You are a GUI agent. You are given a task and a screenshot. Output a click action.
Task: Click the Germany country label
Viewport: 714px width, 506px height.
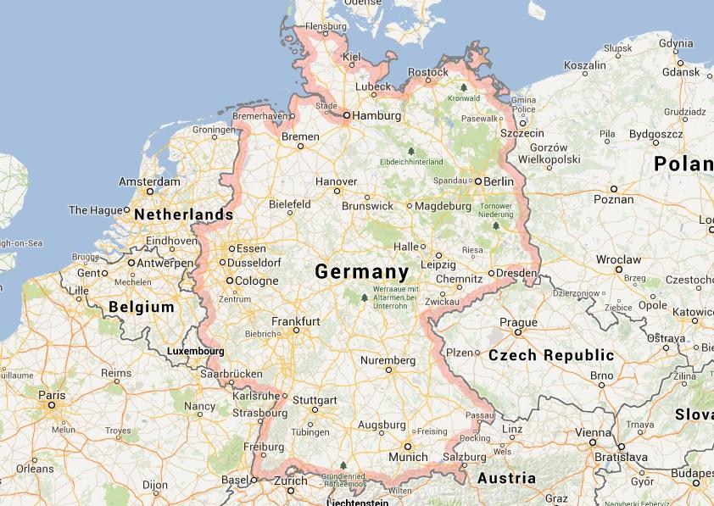361,272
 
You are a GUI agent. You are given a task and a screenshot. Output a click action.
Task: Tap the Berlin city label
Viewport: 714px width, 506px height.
499,181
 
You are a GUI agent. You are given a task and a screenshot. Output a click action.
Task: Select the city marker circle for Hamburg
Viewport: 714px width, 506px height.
346,114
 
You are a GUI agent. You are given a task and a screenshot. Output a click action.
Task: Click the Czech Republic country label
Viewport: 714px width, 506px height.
551,355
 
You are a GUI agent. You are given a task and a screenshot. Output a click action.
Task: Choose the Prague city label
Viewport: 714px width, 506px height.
518,322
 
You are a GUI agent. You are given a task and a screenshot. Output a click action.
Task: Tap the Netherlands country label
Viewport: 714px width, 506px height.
183,215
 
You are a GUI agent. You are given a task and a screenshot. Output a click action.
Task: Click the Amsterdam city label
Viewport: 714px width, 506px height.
149,182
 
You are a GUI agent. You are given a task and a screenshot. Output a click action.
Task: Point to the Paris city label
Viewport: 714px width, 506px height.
52,395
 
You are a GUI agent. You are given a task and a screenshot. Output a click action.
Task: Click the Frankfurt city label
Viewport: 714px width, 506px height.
295,321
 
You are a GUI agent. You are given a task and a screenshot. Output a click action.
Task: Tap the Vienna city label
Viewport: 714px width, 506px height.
593,433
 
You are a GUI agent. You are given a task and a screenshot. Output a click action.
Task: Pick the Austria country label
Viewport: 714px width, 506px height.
507,478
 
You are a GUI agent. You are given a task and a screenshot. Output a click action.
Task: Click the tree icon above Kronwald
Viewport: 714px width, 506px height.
463,86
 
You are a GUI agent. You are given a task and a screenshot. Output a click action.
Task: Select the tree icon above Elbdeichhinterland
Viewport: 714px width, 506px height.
411,150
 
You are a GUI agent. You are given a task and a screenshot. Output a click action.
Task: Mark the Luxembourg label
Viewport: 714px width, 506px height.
195,351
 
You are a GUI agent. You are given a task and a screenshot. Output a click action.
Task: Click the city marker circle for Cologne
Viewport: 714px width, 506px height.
229,281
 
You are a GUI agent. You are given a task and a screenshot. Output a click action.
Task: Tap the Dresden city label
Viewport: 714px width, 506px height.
517,273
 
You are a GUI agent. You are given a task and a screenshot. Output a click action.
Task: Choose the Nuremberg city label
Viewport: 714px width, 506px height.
388,360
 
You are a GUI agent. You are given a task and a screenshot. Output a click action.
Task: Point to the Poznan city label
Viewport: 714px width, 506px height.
613,200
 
